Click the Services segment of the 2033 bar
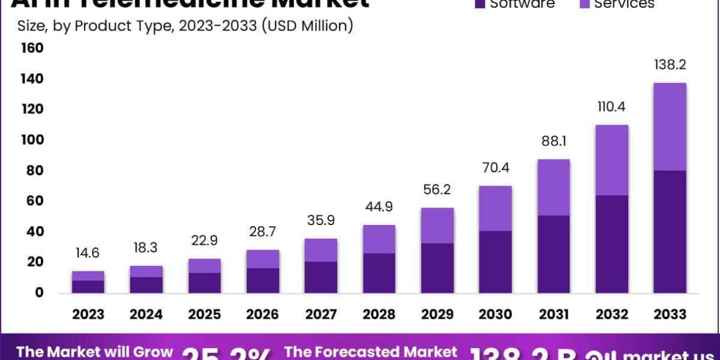[x=670, y=127]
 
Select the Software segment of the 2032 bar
[x=611, y=244]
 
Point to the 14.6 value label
[x=88, y=253]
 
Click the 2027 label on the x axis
[x=321, y=314]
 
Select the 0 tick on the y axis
[x=38, y=293]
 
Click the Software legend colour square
[x=479, y=4]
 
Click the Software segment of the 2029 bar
[x=437, y=268]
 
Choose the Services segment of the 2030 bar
[x=496, y=208]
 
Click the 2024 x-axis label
[x=146, y=314]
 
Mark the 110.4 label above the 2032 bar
[x=612, y=107]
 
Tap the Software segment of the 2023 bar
[x=88, y=287]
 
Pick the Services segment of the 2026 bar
[x=263, y=259]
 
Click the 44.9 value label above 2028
[x=379, y=207]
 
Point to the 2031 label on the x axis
[x=554, y=314]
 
